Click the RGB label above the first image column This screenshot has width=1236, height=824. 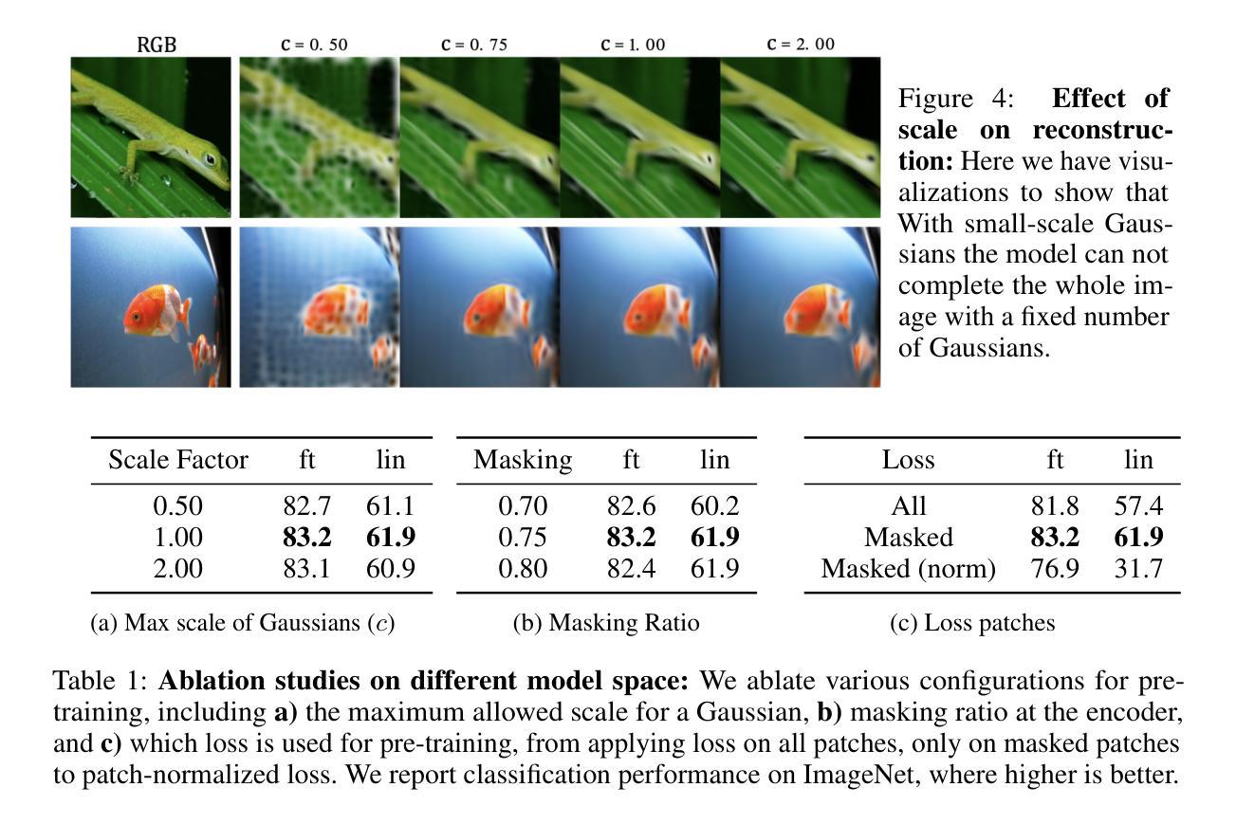coord(157,45)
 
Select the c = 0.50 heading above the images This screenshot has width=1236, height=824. coord(317,45)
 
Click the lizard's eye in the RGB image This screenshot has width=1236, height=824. coord(208,158)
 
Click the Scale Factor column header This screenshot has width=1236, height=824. coord(178,460)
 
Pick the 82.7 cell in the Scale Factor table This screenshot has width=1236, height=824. coord(306,506)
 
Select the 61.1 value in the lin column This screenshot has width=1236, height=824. coord(390,506)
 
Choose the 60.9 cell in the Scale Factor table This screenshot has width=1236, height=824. coord(390,569)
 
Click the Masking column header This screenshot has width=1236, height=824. coord(523,460)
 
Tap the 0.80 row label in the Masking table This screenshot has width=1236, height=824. coord(523,569)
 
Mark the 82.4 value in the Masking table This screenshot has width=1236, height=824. coord(631,569)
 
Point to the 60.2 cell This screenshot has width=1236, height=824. coord(714,506)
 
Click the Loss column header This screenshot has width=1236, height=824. coord(908,460)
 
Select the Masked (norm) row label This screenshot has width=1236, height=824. coord(908,569)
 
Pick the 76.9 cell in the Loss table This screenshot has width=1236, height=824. coord(1055,569)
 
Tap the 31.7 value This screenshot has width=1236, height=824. coord(1138,569)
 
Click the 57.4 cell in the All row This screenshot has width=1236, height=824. coord(1138,506)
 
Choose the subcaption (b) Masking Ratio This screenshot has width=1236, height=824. coord(605,623)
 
